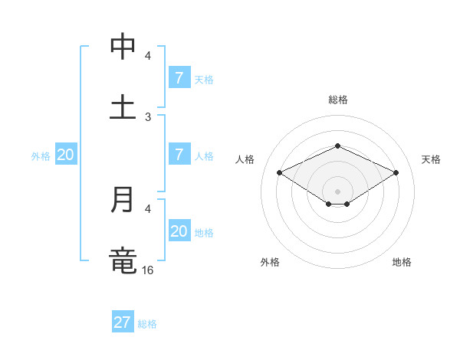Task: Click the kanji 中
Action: coord(123,47)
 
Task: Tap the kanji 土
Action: coord(123,106)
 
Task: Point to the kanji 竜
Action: coord(123,260)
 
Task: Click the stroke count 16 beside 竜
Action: coord(148,270)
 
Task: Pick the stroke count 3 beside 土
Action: coord(148,116)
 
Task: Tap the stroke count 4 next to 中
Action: coord(148,56)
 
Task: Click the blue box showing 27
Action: coord(123,322)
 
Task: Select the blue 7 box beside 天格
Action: coord(179,78)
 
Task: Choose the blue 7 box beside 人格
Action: coord(179,155)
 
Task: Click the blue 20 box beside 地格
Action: coord(179,231)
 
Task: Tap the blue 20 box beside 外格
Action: coord(66,155)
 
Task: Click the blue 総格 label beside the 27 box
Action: coord(147,324)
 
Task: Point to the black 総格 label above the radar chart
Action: coord(338,100)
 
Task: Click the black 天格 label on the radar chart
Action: coord(431,159)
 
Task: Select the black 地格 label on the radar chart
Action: coord(402,262)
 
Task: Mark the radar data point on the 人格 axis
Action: coord(280,173)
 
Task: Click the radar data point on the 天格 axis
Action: coord(396,173)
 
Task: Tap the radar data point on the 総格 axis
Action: coord(337,146)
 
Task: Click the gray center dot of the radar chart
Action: coord(337,191)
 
